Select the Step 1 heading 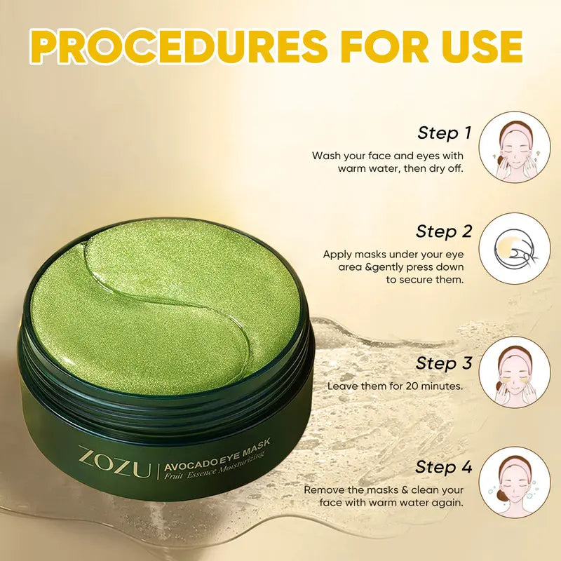pos(445,133)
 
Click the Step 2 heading pos(444,231)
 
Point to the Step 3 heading pos(444,363)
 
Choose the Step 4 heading pos(444,467)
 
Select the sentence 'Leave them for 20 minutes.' pos(395,386)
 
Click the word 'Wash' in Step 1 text pos(325,156)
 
